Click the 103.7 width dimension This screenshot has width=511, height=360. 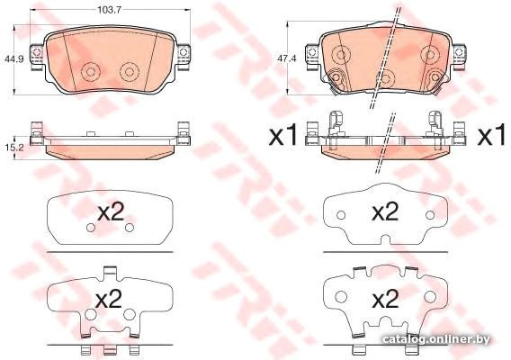[x=110, y=10]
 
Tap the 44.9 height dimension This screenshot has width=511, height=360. [x=14, y=59]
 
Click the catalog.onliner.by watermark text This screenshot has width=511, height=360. [x=436, y=339]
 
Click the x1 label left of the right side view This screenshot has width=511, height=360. [x=282, y=136]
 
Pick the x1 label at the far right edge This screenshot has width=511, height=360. [x=492, y=136]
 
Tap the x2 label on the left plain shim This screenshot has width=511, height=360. [x=111, y=213]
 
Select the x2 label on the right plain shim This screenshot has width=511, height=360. [x=385, y=211]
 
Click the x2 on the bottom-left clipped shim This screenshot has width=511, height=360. [x=109, y=300]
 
